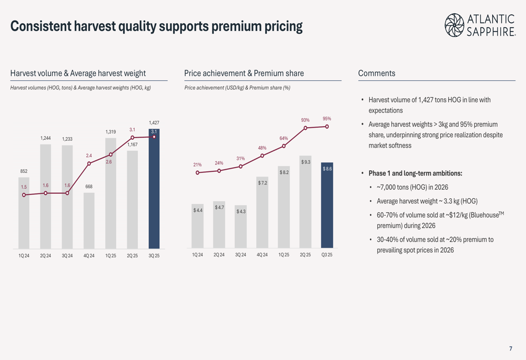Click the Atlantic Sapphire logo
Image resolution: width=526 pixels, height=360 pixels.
click(x=480, y=25)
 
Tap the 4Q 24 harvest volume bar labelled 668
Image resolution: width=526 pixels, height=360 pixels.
click(x=89, y=221)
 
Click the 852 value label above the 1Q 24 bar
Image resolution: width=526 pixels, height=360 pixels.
click(x=24, y=171)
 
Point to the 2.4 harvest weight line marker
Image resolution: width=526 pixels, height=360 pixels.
click(x=89, y=163)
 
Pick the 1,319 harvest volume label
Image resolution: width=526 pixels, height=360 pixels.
click(x=110, y=132)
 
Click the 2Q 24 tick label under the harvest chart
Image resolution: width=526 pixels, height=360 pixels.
click(x=46, y=255)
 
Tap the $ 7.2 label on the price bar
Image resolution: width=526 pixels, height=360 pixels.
click(x=262, y=183)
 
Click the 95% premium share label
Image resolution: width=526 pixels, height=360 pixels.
click(x=327, y=119)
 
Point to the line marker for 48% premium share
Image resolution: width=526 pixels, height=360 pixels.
click(x=262, y=156)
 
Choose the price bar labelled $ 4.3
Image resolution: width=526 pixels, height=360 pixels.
click(x=241, y=227)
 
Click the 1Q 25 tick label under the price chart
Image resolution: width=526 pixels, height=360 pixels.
click(x=284, y=255)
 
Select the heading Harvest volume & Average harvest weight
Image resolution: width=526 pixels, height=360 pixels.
click(x=78, y=74)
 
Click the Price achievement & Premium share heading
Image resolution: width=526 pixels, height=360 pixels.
click(x=244, y=74)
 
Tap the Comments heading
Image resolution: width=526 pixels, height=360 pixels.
click(x=377, y=74)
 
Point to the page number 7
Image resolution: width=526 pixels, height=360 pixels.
click(x=510, y=348)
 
